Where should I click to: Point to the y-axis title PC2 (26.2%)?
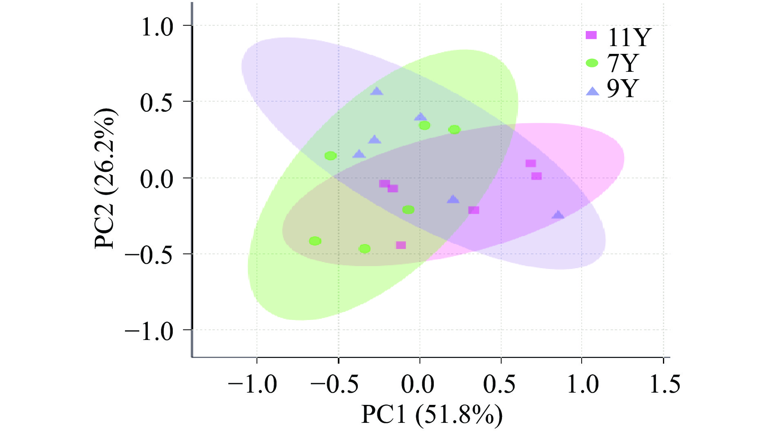[x=106, y=178]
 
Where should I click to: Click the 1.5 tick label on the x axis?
[x=665, y=384]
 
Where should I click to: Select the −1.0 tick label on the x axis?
[x=252, y=384]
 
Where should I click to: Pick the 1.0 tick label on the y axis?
[x=157, y=27]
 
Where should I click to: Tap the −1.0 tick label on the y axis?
[x=149, y=331]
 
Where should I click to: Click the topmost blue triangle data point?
[x=377, y=91]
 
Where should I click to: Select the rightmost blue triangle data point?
[x=558, y=215]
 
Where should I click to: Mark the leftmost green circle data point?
[x=315, y=241]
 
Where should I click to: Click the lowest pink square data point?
[x=401, y=245]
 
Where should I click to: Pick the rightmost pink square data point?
[x=536, y=176]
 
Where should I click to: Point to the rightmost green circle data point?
[x=454, y=130]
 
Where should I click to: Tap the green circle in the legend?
[x=592, y=63]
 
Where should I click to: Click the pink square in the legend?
[x=591, y=35]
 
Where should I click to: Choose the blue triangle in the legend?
[x=592, y=92]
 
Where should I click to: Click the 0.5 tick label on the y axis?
[x=157, y=103]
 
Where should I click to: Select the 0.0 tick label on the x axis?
[x=418, y=384]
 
